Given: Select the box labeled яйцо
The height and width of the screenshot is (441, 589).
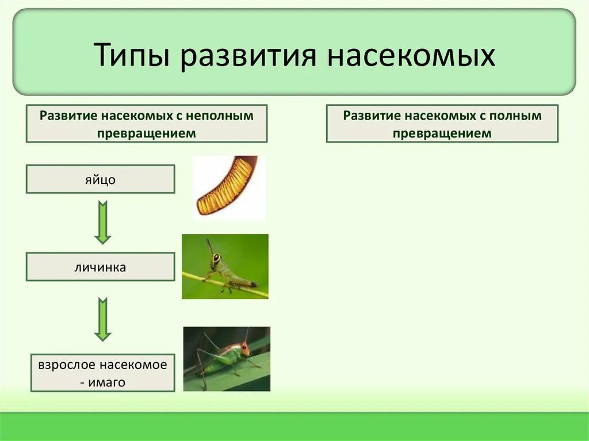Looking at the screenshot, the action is pos(100,179).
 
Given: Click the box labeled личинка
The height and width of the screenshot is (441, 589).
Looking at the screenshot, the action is pos(100,267).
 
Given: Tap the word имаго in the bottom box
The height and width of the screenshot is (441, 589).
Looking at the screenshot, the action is pos(107,382).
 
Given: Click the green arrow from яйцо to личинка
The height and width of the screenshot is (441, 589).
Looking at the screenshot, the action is pos(103,222).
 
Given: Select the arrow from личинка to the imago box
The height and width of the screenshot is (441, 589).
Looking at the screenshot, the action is pos(103,319).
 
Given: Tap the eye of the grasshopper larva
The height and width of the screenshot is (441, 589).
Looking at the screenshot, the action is pos(216,259).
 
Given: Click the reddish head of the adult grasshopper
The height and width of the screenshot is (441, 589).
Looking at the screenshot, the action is pos(244,347).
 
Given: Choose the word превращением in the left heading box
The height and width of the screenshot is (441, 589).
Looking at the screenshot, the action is pos(146,133).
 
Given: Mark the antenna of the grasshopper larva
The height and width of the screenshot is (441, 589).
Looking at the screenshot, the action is pos(209,247).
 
